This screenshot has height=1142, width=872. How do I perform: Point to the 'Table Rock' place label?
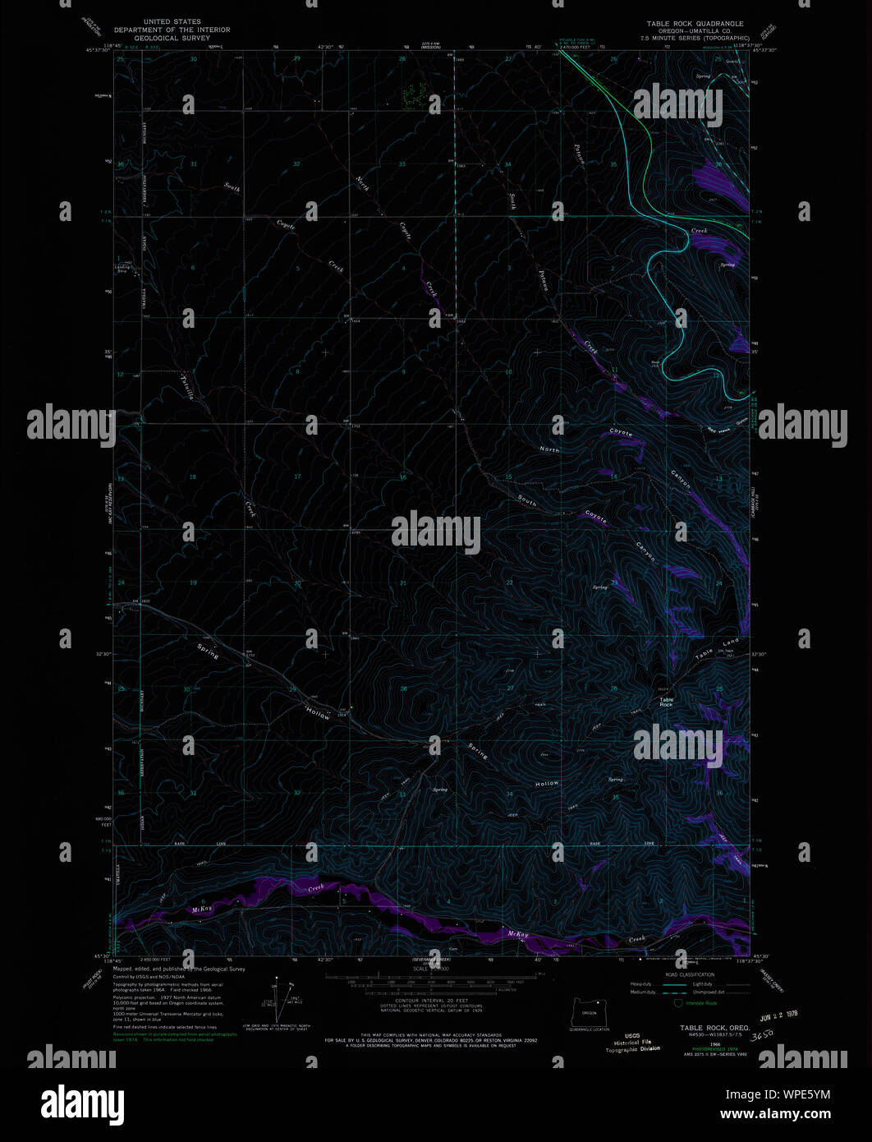[x=666, y=702]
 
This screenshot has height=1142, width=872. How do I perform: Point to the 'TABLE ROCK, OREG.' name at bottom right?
[x=713, y=1028]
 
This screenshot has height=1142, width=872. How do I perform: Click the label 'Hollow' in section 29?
[x=319, y=715]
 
